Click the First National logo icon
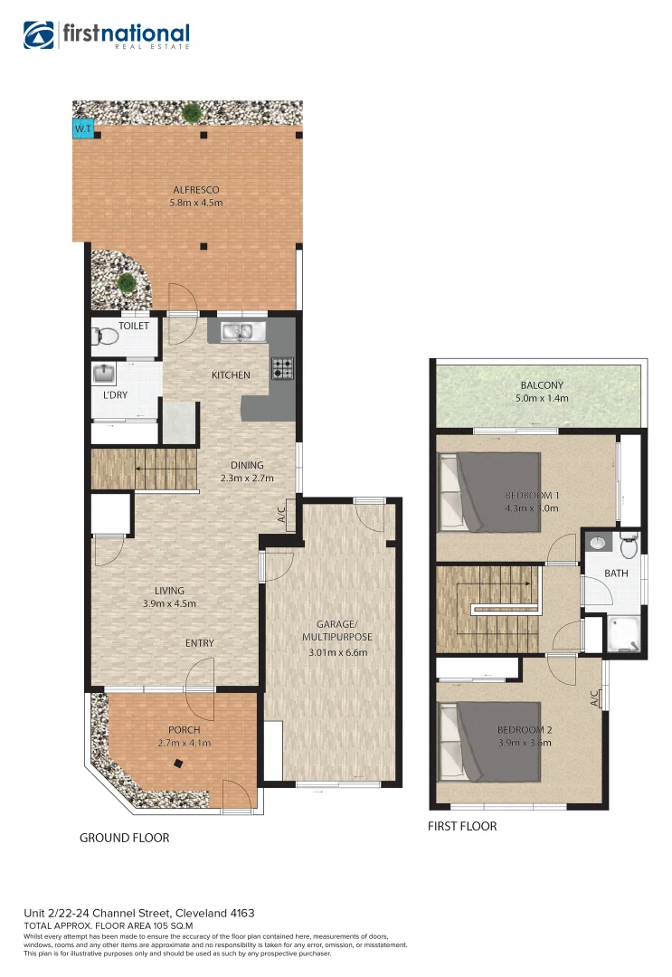point(40,36)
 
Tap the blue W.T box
point(82,130)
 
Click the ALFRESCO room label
point(195,190)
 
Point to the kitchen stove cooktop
point(283,368)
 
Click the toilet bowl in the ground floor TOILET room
point(104,337)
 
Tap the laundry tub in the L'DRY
point(104,375)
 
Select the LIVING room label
point(169,591)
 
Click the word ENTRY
point(200,643)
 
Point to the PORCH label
point(184,730)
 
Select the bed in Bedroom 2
point(488,742)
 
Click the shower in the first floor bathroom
point(625,634)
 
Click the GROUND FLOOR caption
point(124,838)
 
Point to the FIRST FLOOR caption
point(462,826)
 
